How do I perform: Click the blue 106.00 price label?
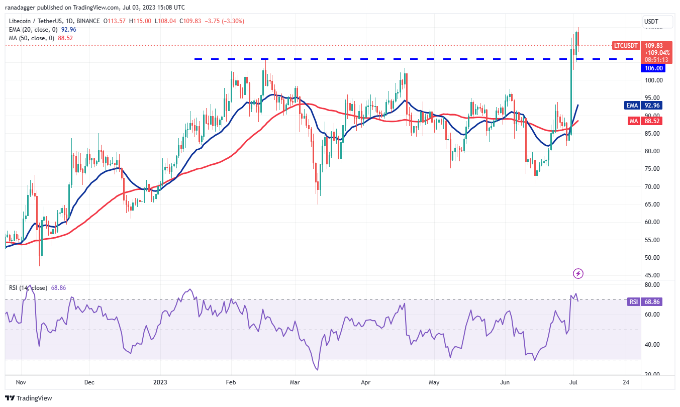pyautogui.click(x=653, y=68)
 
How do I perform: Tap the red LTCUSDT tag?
pyautogui.click(x=626, y=46)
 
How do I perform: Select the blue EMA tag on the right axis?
pyautogui.click(x=632, y=106)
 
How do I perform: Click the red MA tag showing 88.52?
pyautogui.click(x=634, y=121)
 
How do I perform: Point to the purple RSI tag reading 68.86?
pyautogui.click(x=633, y=301)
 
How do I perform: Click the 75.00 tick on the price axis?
pyautogui.click(x=652, y=169)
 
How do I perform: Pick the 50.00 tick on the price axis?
pyautogui.click(x=652, y=258)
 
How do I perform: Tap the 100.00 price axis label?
pyautogui.click(x=653, y=80)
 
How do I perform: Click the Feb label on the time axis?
pyautogui.click(x=231, y=382)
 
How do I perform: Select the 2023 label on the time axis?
pyautogui.click(x=160, y=382)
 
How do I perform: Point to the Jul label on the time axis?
pyautogui.click(x=573, y=382)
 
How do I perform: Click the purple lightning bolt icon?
pyautogui.click(x=578, y=273)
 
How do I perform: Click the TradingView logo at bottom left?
pyautogui.click(x=29, y=398)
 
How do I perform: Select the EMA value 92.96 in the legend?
pyautogui.click(x=69, y=30)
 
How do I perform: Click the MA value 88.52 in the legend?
pyautogui.click(x=65, y=38)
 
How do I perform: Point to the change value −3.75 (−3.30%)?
pyautogui.click(x=224, y=21)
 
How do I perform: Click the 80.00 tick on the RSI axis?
pyautogui.click(x=652, y=285)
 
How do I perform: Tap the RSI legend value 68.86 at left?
pyautogui.click(x=58, y=288)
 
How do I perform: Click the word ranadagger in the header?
pyautogui.click(x=20, y=7)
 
